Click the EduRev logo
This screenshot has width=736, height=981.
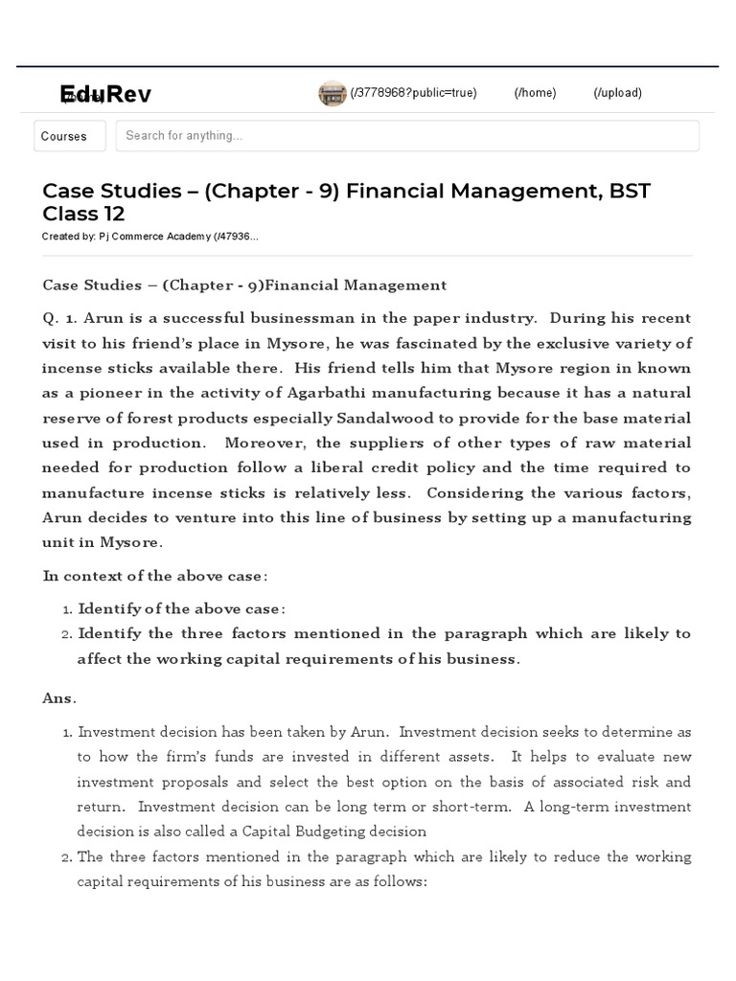tap(104, 94)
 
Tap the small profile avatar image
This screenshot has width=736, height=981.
tap(332, 93)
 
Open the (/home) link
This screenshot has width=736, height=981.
tap(535, 93)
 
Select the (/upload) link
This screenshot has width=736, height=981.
tap(617, 93)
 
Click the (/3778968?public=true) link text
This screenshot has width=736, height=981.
tap(413, 93)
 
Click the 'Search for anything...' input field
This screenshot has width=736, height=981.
tap(407, 136)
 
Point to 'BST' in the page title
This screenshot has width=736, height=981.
tap(629, 191)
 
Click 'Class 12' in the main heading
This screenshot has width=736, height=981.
tap(83, 214)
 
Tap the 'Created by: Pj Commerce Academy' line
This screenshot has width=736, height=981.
tap(149, 237)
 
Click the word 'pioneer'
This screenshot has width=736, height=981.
tap(113, 393)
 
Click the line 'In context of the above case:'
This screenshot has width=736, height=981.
tap(155, 576)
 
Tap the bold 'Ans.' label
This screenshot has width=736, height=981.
tap(59, 698)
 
